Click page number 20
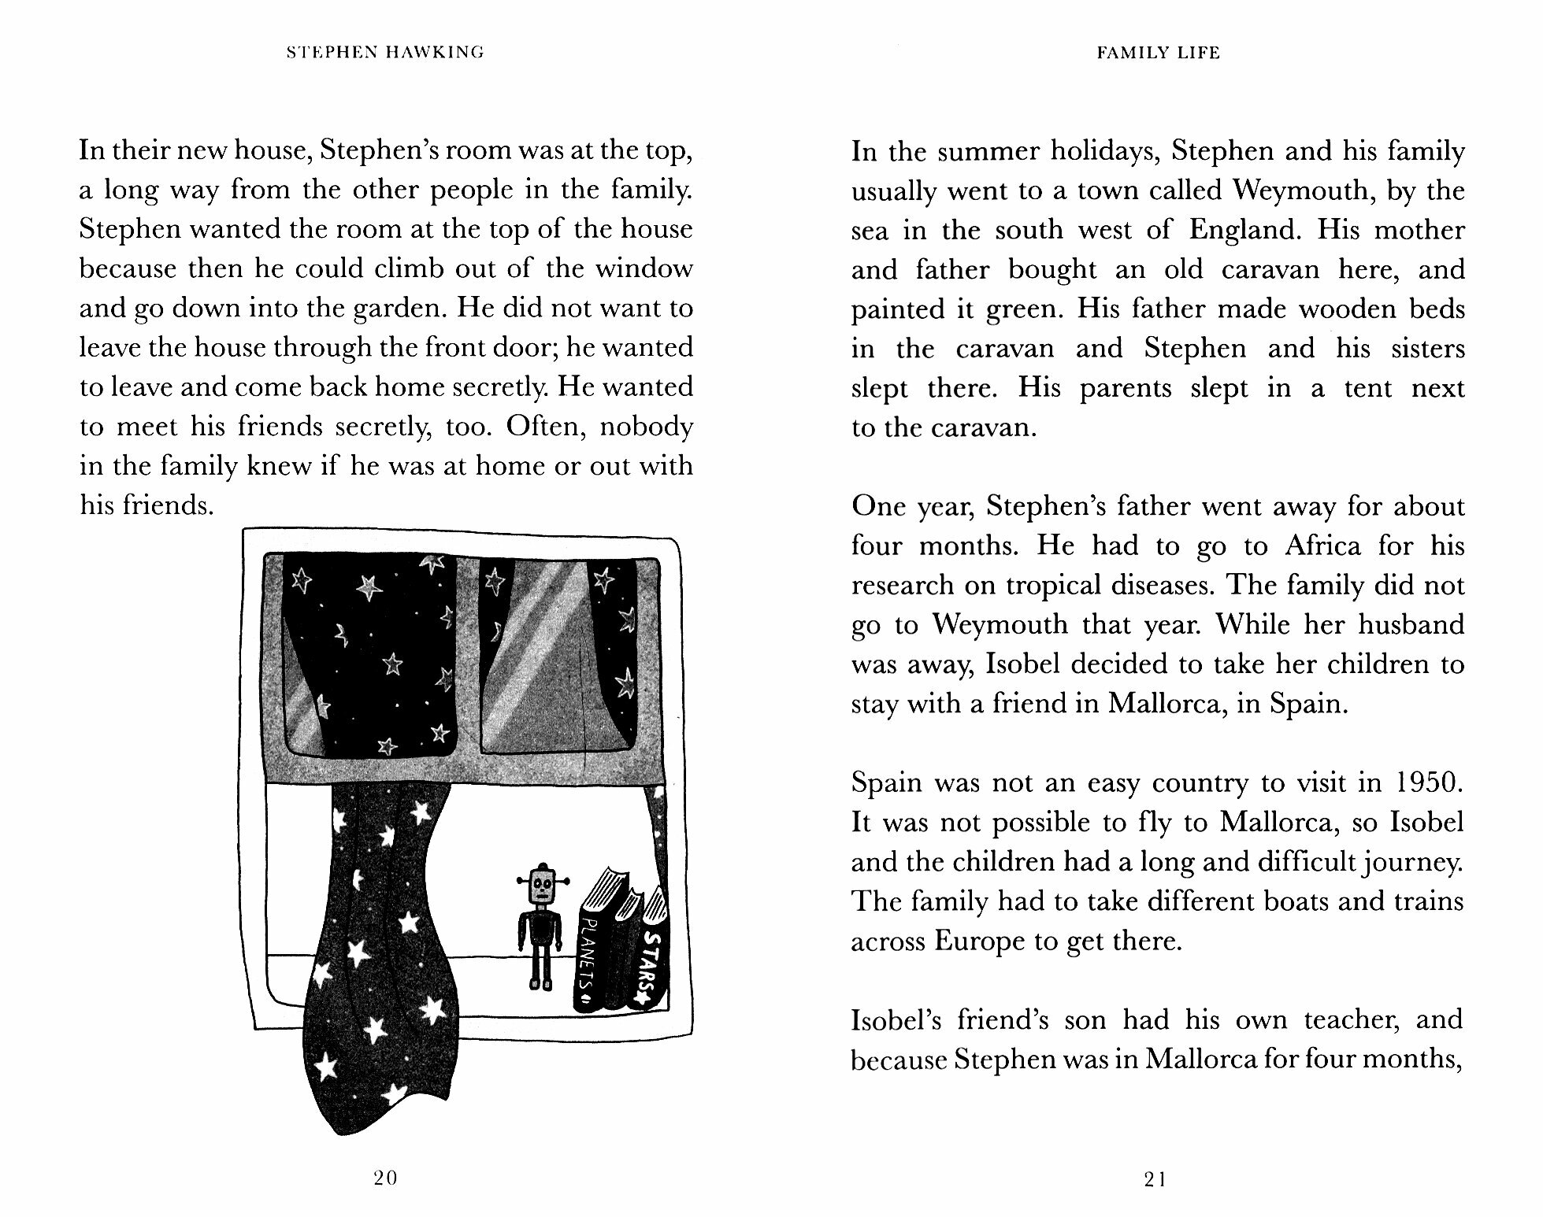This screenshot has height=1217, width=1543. point(386,1178)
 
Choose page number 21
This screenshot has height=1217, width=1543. point(1155,1179)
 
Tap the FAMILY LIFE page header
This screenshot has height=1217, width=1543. point(1158,53)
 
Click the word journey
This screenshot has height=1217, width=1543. point(1420,862)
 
